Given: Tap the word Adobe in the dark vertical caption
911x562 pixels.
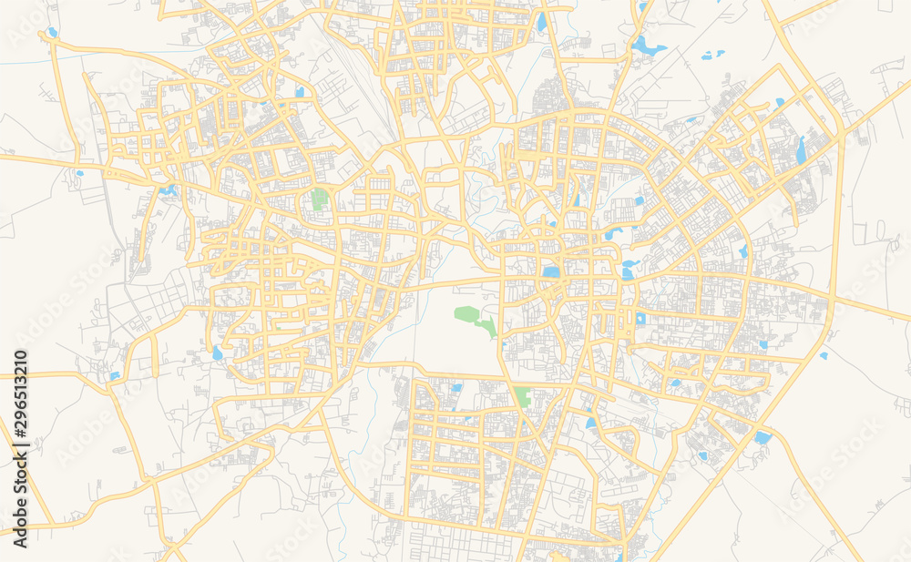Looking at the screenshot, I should [x=20, y=524].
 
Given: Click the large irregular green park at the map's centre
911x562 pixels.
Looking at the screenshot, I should [x=472, y=318].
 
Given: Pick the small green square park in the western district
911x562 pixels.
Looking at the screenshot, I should [x=319, y=199].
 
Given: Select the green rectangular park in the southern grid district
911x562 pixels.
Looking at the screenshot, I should [x=522, y=397].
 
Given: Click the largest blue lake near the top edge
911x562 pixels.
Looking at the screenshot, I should [x=648, y=45].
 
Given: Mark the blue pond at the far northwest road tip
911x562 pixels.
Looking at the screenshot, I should [x=52, y=33].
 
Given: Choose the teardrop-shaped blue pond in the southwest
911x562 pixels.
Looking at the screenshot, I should [x=217, y=353].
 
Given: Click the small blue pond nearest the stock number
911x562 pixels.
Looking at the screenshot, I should [x=114, y=375].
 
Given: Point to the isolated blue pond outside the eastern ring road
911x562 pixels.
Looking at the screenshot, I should [x=824, y=355].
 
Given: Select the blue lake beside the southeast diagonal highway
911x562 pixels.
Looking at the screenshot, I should [x=762, y=437].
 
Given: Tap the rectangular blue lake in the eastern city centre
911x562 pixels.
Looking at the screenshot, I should [x=550, y=271].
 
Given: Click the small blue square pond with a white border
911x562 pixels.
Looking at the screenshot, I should [x=640, y=319].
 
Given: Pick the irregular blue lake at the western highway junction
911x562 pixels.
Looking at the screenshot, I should [x=168, y=190].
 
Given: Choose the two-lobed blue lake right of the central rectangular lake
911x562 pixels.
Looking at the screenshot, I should [x=628, y=269].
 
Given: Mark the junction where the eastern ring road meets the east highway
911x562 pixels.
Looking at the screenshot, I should [x=831, y=298].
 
